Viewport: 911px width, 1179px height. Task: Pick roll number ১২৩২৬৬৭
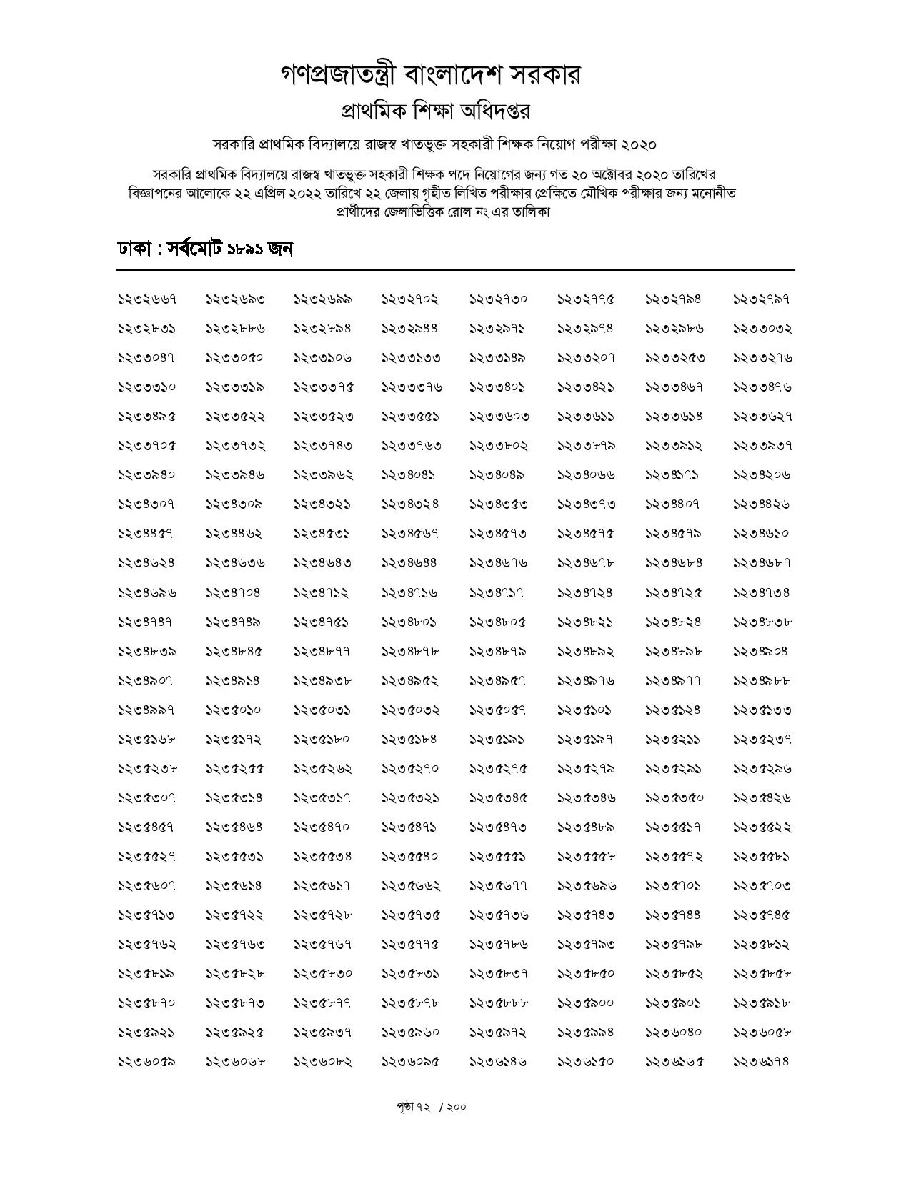click(146, 299)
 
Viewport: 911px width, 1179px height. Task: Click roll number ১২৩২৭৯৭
click(762, 299)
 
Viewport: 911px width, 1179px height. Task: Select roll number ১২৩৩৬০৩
click(499, 416)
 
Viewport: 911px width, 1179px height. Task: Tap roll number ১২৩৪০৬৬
click(586, 474)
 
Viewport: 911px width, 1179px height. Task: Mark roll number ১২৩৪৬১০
click(762, 533)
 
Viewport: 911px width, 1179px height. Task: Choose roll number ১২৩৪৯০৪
click(762, 651)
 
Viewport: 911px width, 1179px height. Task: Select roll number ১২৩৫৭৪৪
click(673, 915)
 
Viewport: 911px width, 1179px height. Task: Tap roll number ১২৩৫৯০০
click(586, 1003)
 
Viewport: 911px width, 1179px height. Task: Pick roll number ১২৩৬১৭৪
click(762, 1061)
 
